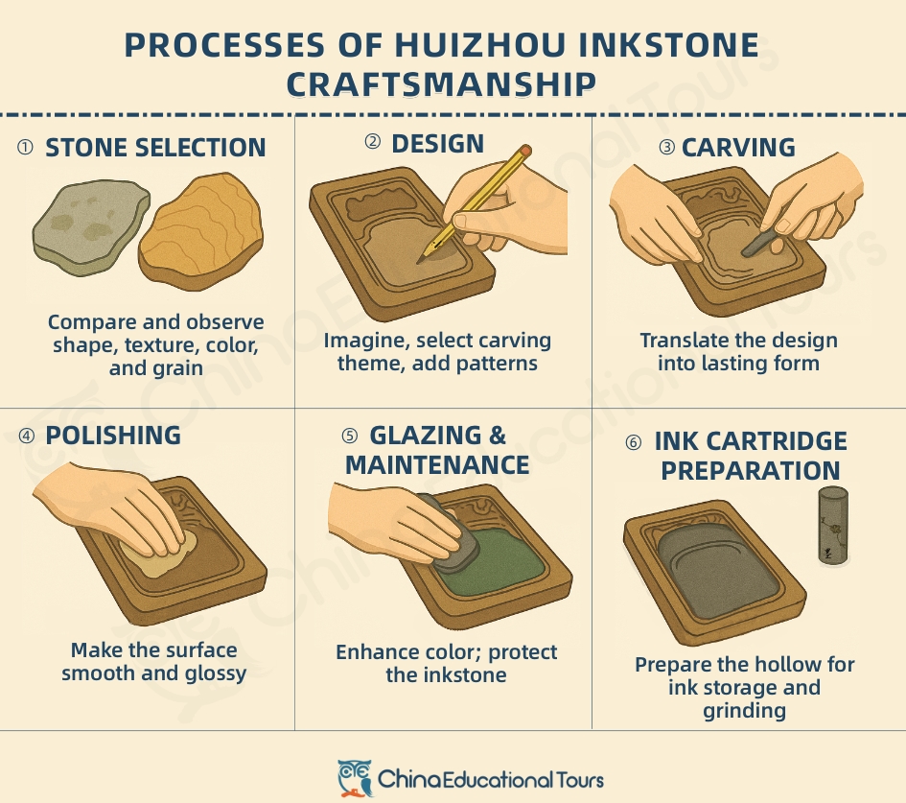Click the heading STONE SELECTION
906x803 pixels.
155,148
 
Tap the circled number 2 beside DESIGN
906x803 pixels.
373,143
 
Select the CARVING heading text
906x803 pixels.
738,148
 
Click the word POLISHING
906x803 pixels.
113,435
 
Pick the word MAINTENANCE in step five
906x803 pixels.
437,465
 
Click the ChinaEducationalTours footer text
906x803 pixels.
491,778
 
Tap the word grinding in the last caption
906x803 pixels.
743,711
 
